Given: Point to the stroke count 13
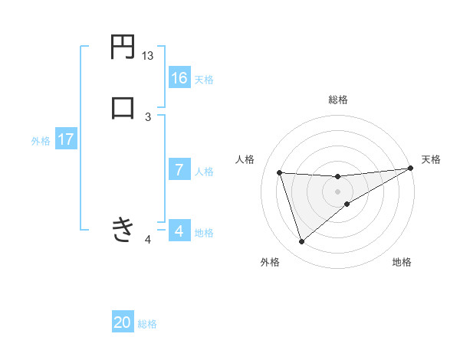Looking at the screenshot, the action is [x=147, y=56].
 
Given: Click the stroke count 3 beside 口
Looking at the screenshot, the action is [x=148, y=116].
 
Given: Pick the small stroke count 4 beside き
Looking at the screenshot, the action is [x=148, y=240].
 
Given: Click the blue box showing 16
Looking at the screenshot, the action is [x=179, y=78].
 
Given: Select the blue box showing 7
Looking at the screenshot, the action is [x=179, y=170].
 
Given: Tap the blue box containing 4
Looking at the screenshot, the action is [x=179, y=231].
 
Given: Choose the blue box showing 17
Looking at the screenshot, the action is [x=65, y=140].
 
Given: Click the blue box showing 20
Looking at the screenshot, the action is [x=123, y=322].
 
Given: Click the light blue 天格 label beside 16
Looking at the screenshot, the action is [x=204, y=80].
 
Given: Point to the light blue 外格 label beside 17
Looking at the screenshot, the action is [x=41, y=141].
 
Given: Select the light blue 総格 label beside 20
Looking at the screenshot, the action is [x=147, y=324].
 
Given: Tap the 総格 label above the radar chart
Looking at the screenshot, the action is [x=338, y=100].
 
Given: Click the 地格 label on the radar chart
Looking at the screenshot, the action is [x=402, y=262].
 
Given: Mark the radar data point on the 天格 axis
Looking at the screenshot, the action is [x=411, y=169].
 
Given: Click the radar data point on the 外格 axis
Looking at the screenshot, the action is [x=301, y=242].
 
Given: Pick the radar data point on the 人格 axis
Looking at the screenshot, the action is [x=280, y=172].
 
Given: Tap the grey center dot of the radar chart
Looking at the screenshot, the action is [x=338, y=191].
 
